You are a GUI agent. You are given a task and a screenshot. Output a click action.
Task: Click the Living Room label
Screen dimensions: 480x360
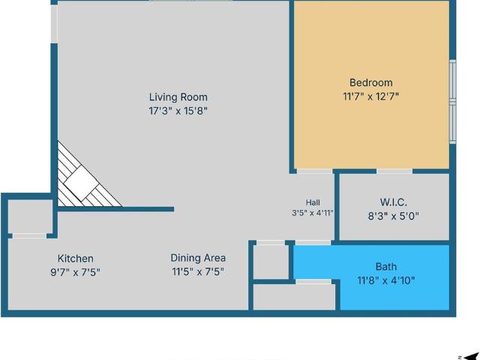178,97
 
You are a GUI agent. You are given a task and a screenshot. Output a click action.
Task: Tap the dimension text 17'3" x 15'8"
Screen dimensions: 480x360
178,110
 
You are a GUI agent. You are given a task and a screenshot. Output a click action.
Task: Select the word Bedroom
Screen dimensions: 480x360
371,82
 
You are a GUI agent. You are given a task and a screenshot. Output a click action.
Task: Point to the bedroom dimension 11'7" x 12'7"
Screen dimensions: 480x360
371,97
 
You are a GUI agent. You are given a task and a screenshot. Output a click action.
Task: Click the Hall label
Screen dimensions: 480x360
313,202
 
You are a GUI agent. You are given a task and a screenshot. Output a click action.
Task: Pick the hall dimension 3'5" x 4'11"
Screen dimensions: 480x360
313,213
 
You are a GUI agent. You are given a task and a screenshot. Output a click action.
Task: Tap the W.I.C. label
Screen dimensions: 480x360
394,202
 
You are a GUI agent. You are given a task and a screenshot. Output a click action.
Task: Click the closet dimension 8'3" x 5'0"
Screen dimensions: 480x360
393,216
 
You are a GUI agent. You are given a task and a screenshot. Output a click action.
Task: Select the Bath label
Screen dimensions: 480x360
386,267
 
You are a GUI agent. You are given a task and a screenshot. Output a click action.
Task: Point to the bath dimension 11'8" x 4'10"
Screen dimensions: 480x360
386,280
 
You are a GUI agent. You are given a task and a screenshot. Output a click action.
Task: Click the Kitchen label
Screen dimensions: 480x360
76,258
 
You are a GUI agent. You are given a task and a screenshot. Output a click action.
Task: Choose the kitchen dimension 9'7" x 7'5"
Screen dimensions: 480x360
75,271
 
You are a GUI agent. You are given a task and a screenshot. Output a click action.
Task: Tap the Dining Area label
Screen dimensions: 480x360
198,258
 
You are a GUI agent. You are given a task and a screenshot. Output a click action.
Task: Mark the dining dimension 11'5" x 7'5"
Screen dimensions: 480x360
198,271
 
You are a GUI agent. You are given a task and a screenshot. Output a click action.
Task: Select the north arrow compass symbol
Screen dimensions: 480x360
471,357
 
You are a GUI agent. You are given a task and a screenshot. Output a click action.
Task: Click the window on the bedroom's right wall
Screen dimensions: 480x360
453,102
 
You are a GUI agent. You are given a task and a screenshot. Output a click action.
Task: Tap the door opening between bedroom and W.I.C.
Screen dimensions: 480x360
394,171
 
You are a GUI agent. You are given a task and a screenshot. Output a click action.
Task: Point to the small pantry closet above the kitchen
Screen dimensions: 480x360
30,217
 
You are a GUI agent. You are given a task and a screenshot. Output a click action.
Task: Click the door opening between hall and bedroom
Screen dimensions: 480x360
315,171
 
